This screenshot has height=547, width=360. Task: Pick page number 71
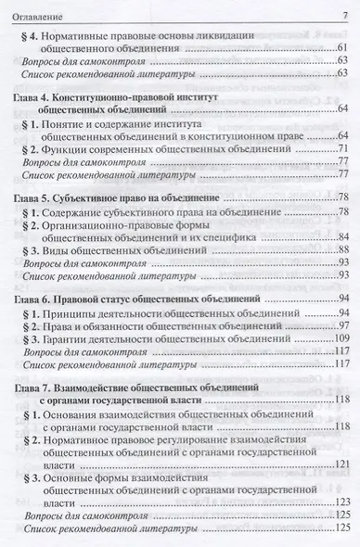pyautogui.click(x=341, y=148)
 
